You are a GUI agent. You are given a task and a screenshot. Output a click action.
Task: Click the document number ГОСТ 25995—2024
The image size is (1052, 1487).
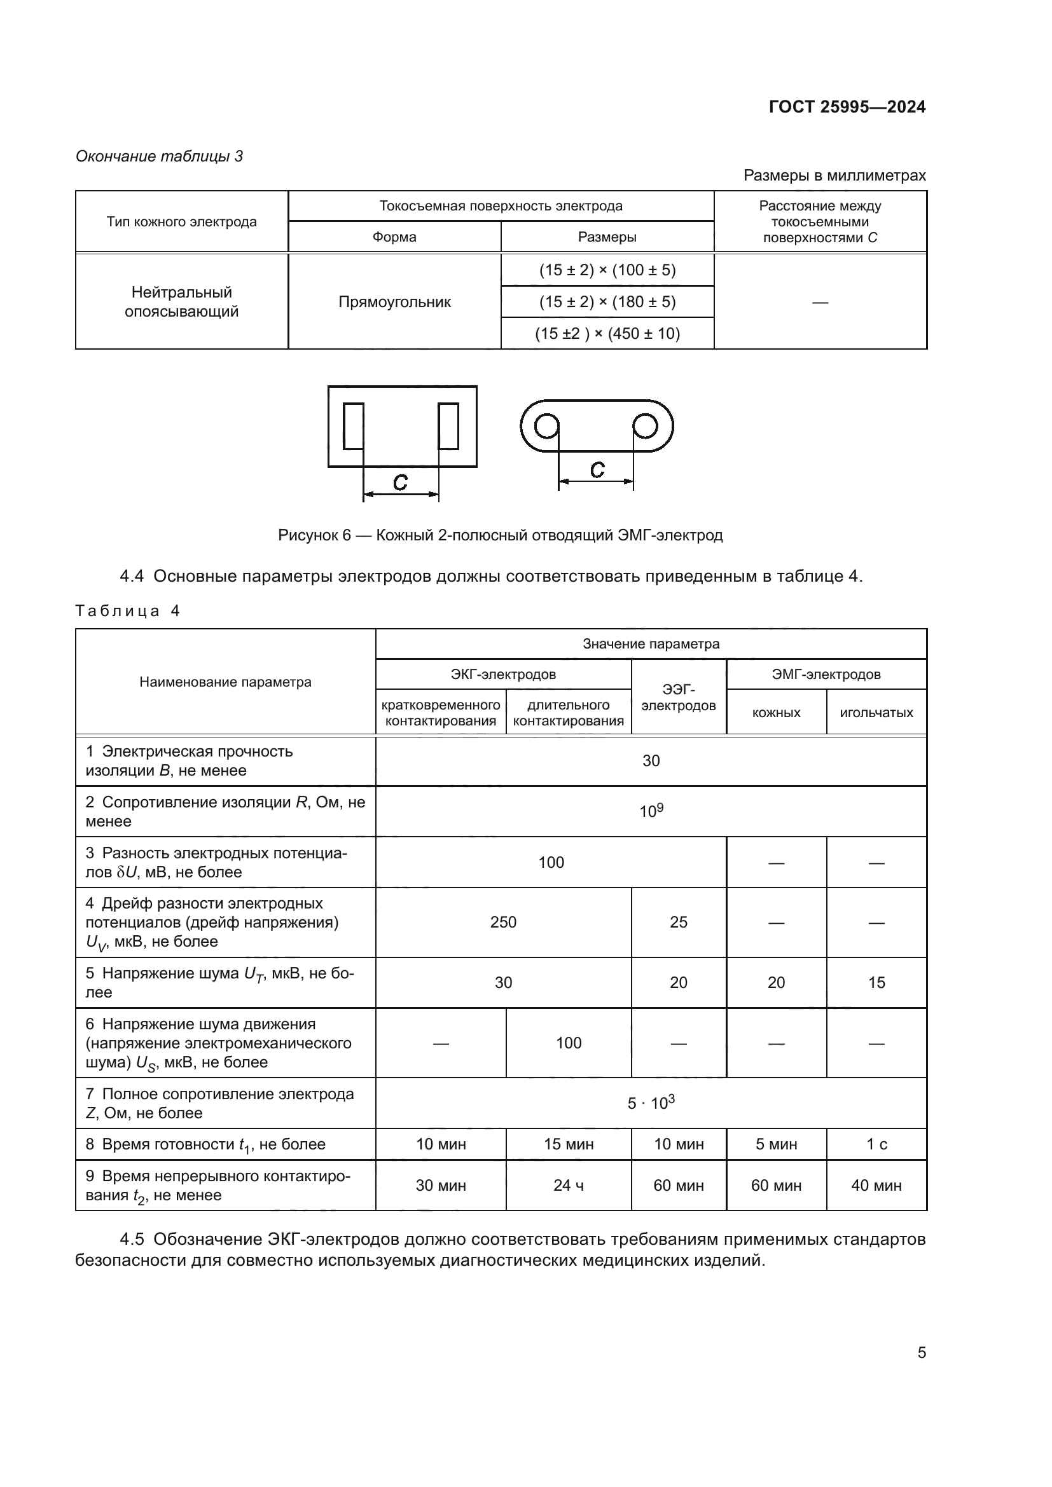click(x=847, y=107)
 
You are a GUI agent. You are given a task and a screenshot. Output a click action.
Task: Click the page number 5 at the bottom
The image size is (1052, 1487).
click(x=921, y=1352)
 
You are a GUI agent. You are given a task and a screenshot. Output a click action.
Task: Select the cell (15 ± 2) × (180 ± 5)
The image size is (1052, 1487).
click(x=607, y=302)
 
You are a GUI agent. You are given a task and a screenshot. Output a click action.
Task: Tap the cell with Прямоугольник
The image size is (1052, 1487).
click(x=394, y=302)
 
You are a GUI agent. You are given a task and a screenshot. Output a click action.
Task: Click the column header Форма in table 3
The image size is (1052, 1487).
click(x=394, y=237)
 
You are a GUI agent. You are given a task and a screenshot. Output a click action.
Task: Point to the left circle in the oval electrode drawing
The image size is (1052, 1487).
click(x=547, y=426)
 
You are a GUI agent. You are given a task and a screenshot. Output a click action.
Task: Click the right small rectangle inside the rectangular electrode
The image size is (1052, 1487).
click(x=448, y=426)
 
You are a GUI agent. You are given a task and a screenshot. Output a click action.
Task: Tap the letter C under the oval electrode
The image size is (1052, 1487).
click(x=597, y=470)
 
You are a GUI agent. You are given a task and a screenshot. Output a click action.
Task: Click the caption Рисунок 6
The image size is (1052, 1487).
click(x=499, y=535)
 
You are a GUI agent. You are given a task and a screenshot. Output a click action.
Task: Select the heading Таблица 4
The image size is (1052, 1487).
click(x=128, y=611)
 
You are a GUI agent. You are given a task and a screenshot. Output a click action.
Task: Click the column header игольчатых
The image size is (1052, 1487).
click(x=876, y=713)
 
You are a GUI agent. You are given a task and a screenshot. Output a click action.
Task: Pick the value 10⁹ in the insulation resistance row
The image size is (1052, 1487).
click(x=651, y=811)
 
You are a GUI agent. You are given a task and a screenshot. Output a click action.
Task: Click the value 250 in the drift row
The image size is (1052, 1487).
click(x=502, y=922)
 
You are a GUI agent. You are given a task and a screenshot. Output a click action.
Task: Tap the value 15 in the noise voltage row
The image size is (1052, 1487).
click(x=876, y=982)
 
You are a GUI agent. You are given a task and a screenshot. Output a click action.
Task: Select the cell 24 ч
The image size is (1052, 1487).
click(x=568, y=1185)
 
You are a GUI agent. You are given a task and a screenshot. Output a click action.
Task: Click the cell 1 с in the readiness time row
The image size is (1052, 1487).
click(x=876, y=1144)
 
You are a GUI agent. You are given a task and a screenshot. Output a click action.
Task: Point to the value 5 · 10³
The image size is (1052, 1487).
click(x=651, y=1103)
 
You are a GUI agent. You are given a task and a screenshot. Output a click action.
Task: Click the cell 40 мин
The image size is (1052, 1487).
click(x=876, y=1185)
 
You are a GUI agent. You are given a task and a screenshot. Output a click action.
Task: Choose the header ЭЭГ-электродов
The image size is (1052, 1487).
click(x=678, y=697)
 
